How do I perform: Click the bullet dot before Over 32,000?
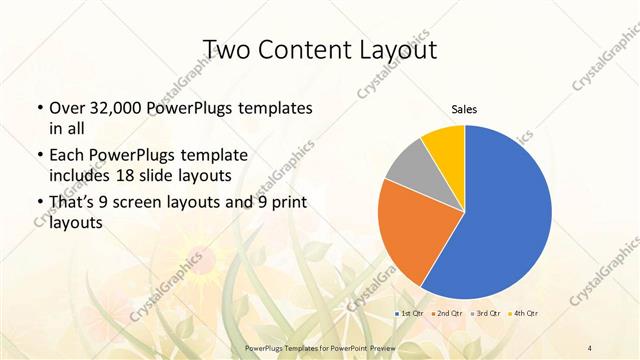coord(39,108)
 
